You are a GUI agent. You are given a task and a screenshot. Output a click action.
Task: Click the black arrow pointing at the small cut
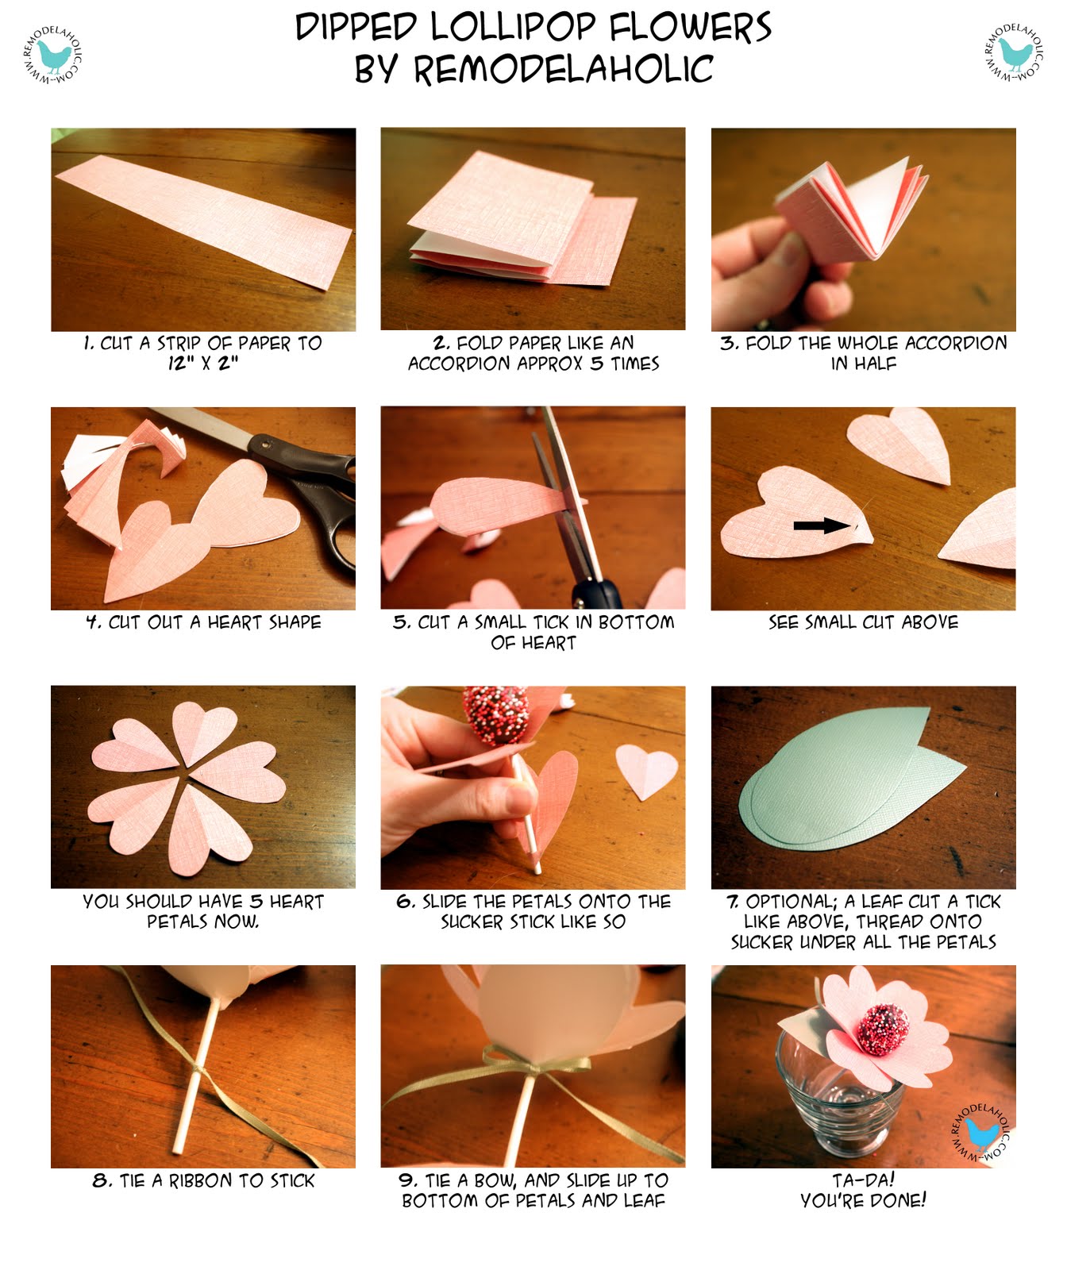821,525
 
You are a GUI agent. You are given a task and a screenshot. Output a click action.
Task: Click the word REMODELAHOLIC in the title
563,69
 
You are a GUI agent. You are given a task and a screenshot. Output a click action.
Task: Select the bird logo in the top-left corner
53,54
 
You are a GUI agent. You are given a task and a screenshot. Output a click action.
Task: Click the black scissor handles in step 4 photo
322,492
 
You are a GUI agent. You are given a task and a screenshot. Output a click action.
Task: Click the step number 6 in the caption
405,902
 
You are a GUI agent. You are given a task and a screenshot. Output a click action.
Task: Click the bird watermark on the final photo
982,1133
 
